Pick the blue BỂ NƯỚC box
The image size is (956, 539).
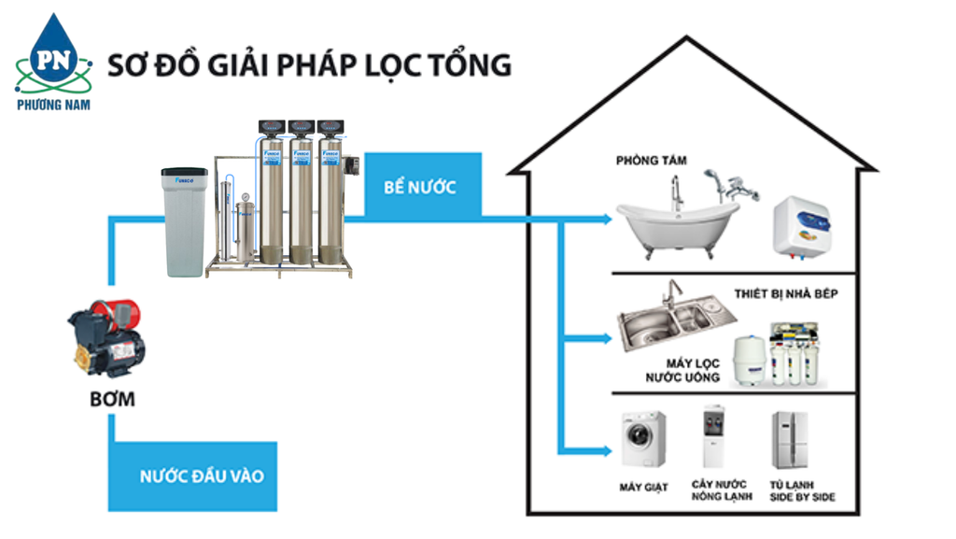pos(420,187)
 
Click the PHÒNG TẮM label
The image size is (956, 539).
pos(651,161)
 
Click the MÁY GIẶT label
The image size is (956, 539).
pos(643,488)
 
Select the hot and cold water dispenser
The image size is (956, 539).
pos(714,437)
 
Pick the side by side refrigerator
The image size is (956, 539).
pos(789,439)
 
